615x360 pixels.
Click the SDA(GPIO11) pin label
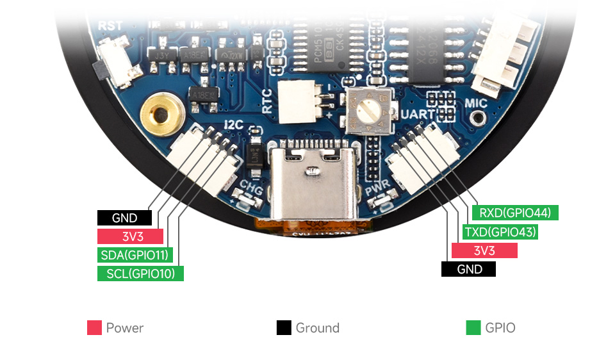coord(135,255)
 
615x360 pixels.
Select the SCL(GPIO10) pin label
coord(140,274)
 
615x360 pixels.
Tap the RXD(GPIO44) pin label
coord(515,213)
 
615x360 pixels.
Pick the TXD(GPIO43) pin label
coord(500,232)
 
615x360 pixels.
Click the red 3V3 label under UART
coord(484,250)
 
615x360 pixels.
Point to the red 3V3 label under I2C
coord(130,236)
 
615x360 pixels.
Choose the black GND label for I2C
coord(124,218)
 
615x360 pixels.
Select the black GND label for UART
coord(469,269)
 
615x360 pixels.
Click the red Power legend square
coord(95,328)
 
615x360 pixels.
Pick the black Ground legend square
coord(284,328)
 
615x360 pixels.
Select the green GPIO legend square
coord(473,328)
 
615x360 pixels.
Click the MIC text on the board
coord(476,103)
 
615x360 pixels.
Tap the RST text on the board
coord(110,26)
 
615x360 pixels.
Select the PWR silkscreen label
coord(379,189)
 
